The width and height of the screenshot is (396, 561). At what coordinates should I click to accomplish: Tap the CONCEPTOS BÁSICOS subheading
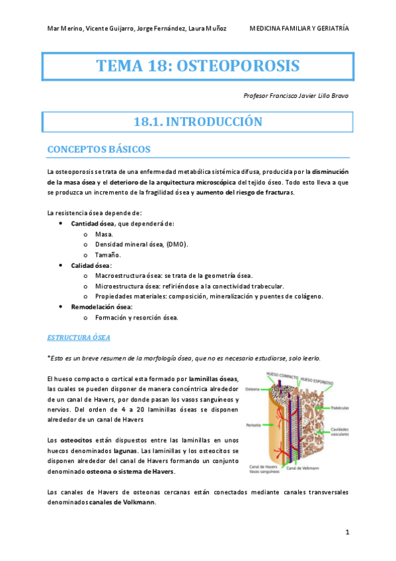tap(99, 150)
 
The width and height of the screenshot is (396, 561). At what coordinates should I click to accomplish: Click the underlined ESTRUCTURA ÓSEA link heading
tap(79, 337)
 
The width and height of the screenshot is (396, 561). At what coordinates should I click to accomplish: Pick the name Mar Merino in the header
tap(64, 28)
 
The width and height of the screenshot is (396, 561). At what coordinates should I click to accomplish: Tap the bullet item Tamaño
tap(108, 255)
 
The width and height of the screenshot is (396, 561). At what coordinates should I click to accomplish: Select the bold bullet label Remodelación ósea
tap(101, 307)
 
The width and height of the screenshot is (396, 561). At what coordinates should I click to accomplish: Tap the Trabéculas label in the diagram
tap(338, 408)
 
